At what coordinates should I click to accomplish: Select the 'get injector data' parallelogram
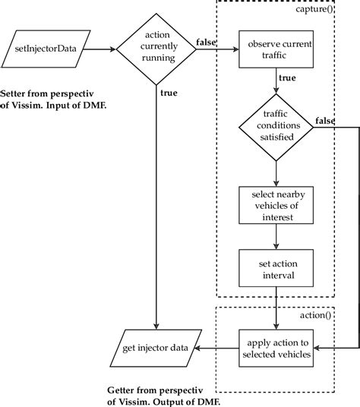tap(155, 349)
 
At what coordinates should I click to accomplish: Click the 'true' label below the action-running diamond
tap(168, 93)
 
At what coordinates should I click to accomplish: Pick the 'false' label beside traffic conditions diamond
tap(325, 120)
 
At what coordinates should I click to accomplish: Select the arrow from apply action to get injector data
tap(216, 349)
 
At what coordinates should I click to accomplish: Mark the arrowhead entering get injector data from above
tap(155, 327)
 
